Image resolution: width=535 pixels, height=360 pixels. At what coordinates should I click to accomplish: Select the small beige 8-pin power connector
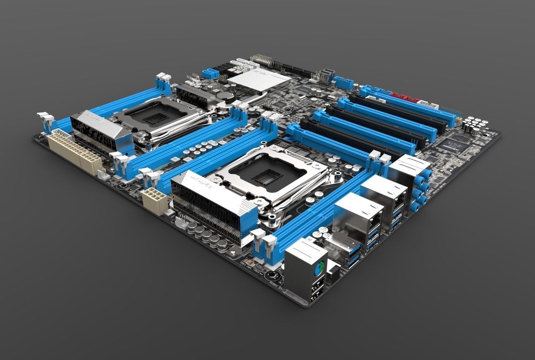point(155,200)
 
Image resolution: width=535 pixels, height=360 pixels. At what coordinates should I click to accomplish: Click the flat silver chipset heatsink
point(259,81)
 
